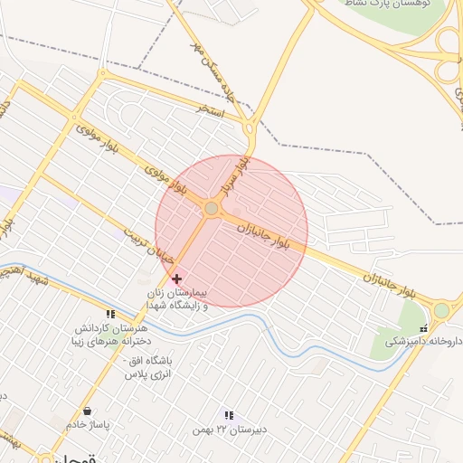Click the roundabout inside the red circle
[212, 209]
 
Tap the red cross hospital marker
[175, 279]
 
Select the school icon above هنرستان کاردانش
[110, 314]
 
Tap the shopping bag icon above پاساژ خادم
[88, 412]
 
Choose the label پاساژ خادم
[88, 425]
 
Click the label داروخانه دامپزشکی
[423, 341]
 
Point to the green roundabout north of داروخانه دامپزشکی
[440, 310]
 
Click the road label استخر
[213, 108]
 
